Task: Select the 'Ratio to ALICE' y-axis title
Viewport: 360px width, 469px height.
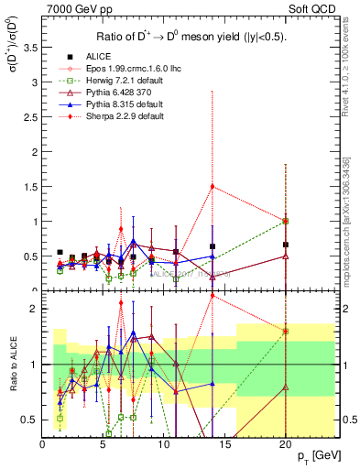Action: [11, 364]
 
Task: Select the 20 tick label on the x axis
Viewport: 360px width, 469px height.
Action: [285, 444]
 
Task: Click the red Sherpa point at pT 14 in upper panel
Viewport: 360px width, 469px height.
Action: [213, 186]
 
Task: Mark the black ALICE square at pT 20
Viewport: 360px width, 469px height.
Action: [286, 245]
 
